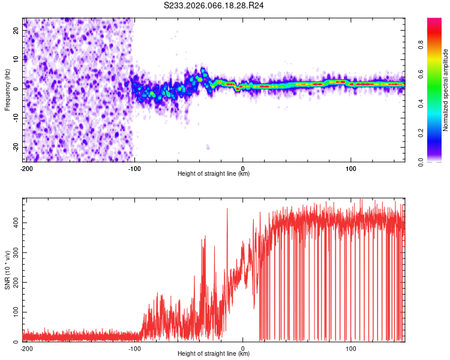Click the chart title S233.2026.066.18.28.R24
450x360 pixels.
(x=214, y=5)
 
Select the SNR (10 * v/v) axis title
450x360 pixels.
(x=7, y=270)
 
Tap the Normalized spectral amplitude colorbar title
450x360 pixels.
(x=446, y=90)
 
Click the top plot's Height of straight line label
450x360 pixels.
(x=214, y=173)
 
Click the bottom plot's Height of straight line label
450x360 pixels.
(x=214, y=353)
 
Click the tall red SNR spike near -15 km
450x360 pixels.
(x=227, y=210)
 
